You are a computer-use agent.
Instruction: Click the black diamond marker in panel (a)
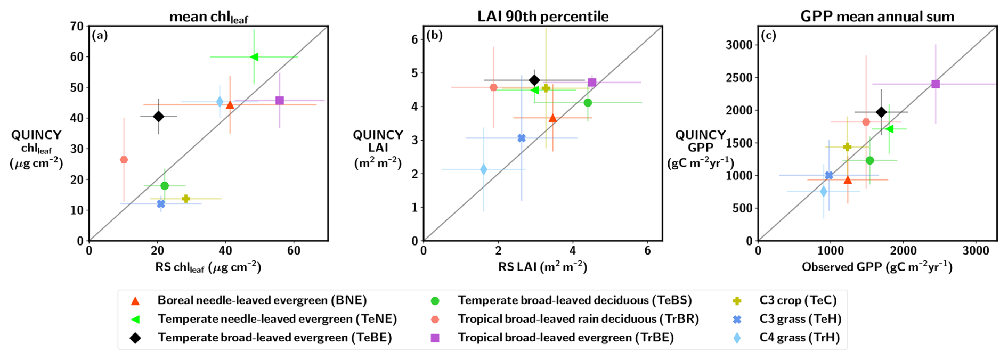tap(158, 116)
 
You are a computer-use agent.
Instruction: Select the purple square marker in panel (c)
tap(936, 84)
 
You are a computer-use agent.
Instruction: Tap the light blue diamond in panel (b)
tap(484, 169)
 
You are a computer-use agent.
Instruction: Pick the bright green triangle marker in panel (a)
tap(254, 57)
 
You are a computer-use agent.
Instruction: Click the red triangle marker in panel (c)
tap(848, 179)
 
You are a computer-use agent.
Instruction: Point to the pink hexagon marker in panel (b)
tap(493, 87)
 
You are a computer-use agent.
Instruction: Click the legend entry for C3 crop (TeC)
tap(798, 300)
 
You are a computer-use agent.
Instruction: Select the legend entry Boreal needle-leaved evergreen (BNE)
tap(262, 300)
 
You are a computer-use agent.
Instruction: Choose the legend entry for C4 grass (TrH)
tap(799, 338)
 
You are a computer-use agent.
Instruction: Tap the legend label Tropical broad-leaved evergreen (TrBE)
tap(565, 338)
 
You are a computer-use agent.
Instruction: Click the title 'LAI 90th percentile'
tap(543, 17)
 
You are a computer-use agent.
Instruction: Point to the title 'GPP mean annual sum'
tap(877, 17)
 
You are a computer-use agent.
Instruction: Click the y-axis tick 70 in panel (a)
tap(77, 26)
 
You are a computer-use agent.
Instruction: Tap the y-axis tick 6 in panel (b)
tap(414, 39)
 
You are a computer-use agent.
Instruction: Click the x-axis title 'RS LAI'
tap(542, 267)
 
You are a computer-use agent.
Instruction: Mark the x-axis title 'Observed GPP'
tap(877, 267)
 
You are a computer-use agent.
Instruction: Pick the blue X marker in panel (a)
tap(161, 204)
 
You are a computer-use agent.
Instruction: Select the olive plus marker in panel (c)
tap(847, 147)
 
